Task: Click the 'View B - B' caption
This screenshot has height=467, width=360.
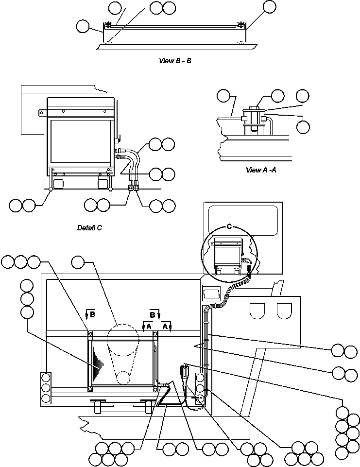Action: (x=175, y=61)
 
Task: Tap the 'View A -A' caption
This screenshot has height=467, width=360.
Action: (x=261, y=170)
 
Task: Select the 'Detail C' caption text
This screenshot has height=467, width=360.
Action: (x=89, y=228)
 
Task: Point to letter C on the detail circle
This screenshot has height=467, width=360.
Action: (x=229, y=226)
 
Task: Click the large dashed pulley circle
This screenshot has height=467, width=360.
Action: (x=123, y=340)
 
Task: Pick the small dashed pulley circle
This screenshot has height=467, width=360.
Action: (x=123, y=378)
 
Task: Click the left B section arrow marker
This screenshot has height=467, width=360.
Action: (x=90, y=314)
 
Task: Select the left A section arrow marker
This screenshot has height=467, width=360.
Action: (x=147, y=327)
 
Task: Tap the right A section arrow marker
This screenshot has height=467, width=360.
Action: (x=167, y=327)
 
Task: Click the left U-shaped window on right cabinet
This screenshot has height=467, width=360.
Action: (x=257, y=311)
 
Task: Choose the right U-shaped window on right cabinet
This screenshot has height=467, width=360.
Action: (x=284, y=311)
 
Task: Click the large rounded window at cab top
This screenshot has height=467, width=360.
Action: (x=243, y=221)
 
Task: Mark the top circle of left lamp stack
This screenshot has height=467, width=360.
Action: (x=46, y=378)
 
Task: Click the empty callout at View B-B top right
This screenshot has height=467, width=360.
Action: (x=270, y=7)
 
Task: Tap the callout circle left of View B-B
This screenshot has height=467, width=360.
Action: (x=83, y=26)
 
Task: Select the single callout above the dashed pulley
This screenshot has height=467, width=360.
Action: (x=78, y=262)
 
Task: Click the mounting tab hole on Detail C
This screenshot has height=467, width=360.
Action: (x=42, y=113)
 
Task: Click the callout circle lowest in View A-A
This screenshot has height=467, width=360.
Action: (x=303, y=127)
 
